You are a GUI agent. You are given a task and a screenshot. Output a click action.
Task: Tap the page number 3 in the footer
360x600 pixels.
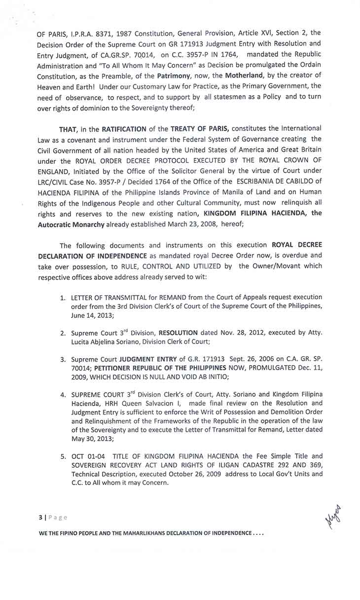(40, 517)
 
